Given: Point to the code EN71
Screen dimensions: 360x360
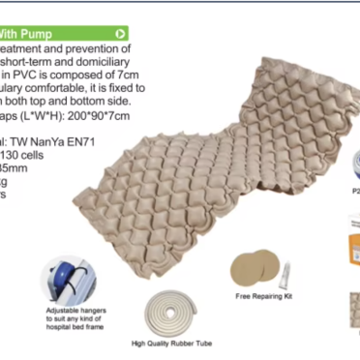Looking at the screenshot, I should tap(84, 141).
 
